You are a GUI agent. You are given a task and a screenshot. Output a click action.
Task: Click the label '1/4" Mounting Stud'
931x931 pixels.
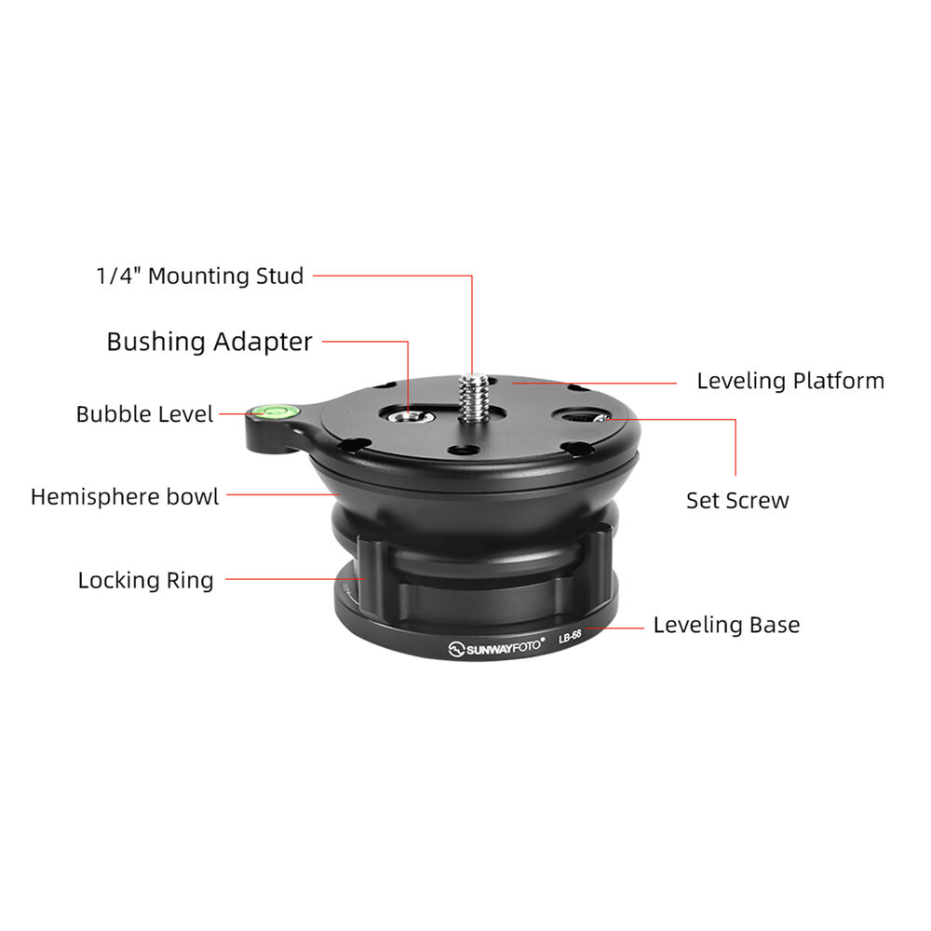tap(200, 277)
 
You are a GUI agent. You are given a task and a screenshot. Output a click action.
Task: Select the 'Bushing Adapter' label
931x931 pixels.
tap(209, 342)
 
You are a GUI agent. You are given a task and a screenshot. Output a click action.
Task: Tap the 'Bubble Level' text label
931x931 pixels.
tap(144, 414)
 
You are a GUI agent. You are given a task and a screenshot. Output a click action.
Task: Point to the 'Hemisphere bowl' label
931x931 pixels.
tap(125, 496)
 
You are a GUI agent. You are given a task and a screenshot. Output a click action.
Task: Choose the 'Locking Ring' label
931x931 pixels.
tap(145, 580)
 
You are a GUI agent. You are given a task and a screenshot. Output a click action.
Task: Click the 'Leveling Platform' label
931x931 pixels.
tap(790, 381)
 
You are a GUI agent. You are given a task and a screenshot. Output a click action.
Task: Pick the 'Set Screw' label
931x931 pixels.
tap(737, 501)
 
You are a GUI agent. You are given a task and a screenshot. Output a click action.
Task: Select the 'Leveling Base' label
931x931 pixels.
tap(726, 625)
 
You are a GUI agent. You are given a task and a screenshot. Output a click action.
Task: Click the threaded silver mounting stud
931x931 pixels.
tap(473, 398)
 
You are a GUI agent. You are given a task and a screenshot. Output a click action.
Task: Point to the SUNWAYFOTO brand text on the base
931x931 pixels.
tap(504, 647)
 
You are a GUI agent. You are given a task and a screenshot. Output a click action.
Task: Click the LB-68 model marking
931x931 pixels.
tap(570, 637)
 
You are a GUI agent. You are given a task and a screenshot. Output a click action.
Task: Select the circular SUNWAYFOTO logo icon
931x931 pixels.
tap(456, 650)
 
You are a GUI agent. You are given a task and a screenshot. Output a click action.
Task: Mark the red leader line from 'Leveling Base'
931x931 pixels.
tap(614, 627)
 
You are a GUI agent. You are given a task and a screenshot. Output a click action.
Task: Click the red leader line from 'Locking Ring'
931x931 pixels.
tap(296, 579)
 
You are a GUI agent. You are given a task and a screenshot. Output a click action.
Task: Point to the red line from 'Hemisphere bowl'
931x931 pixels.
tap(283, 494)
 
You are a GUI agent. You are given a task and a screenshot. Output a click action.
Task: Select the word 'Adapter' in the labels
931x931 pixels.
tap(263, 343)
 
